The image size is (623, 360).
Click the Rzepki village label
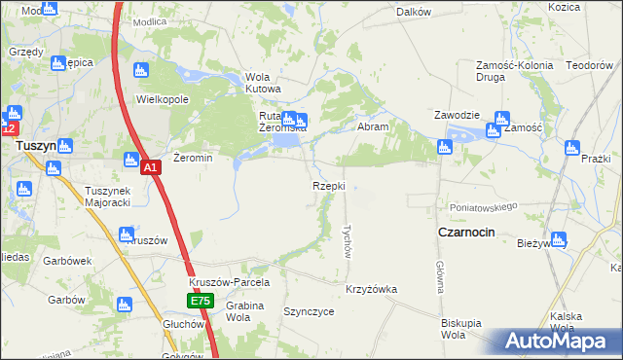pyautogui.click(x=328, y=186)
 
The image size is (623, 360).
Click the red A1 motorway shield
pyautogui.click(x=151, y=168)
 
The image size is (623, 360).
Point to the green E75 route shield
pyautogui.click(x=200, y=302)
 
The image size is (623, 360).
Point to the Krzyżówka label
pyautogui.click(x=371, y=289)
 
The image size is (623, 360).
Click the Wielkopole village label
pyautogui.click(x=162, y=99)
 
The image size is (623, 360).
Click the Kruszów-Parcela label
pyautogui.click(x=229, y=282)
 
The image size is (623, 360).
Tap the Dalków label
pyautogui.click(x=414, y=12)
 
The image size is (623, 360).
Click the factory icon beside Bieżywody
pyautogui.click(x=559, y=238)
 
